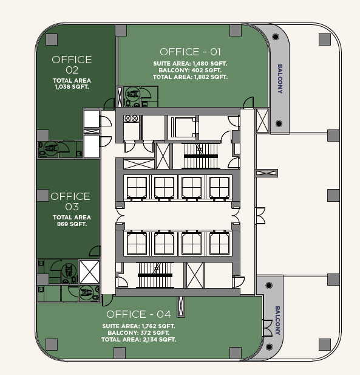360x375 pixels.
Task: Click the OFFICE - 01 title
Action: pyautogui.click(x=190, y=52)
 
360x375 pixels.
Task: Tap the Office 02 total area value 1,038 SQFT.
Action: pyautogui.click(x=72, y=87)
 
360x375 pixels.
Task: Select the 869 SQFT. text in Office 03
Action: pyautogui.click(x=72, y=224)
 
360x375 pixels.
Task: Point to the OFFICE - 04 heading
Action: pyautogui.click(x=138, y=314)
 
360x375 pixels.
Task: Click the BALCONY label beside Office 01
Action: pyautogui.click(x=280, y=78)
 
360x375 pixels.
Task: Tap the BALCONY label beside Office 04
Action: pyautogui.click(x=277, y=320)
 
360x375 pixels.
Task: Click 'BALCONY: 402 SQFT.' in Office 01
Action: pyautogui.click(x=190, y=71)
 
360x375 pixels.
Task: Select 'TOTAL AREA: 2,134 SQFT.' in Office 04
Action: pyautogui.click(x=138, y=340)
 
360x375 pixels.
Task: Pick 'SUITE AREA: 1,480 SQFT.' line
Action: pyautogui.click(x=190, y=64)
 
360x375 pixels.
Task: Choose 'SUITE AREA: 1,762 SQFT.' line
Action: pyautogui.click(x=138, y=326)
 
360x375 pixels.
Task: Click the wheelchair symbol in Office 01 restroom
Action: pyautogui.click(x=132, y=94)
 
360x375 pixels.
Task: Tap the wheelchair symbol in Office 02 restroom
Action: pyautogui.click(x=51, y=148)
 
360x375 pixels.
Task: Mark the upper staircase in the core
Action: pyautogui.click(x=201, y=156)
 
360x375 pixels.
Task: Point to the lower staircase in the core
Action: pyautogui.click(x=155, y=275)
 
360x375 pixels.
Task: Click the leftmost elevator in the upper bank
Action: pyautogui.click(x=137, y=187)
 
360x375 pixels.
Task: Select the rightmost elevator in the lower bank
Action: pyautogui.click(x=219, y=244)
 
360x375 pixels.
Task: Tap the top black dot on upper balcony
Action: pyautogui.click(x=276, y=36)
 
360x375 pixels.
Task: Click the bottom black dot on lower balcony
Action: pyautogui.click(x=269, y=347)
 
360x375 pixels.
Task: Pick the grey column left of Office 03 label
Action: pyautogui.click(x=42, y=195)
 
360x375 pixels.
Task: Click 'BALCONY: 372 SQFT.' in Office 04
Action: pyautogui.click(x=138, y=333)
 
